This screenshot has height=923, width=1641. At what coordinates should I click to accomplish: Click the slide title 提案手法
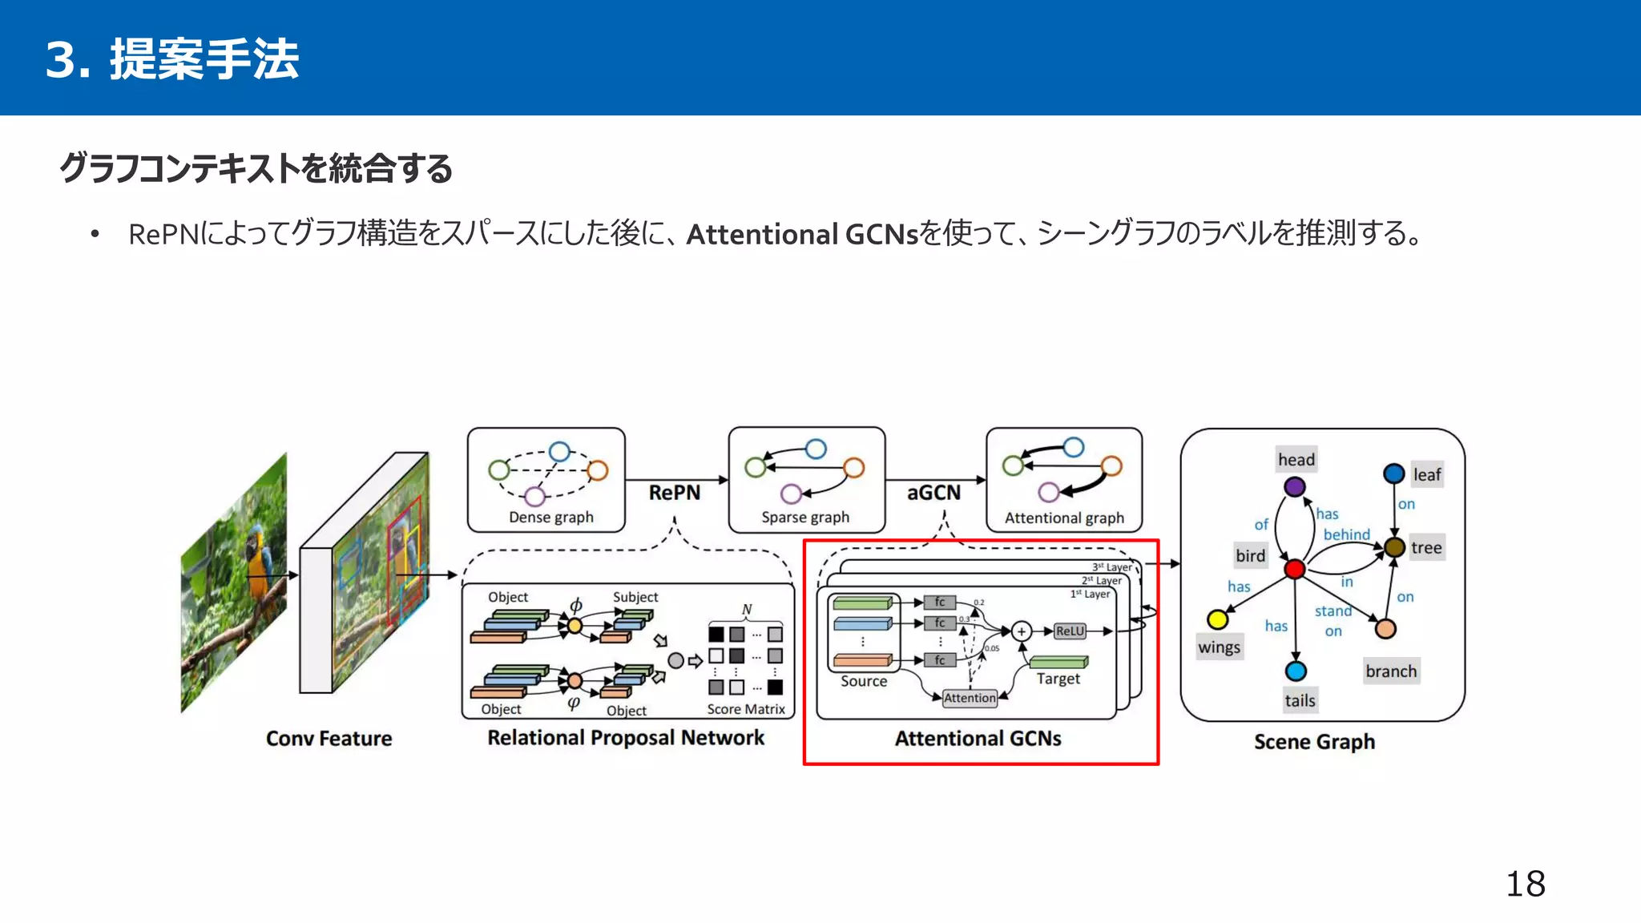pos(204,59)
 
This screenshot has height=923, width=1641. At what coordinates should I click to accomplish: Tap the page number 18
pos(1525,885)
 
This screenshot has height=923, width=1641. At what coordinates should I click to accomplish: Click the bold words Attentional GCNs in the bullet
pos(801,234)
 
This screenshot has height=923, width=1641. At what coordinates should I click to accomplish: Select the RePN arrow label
pos(674,492)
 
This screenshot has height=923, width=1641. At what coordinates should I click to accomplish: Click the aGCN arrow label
pos(933,492)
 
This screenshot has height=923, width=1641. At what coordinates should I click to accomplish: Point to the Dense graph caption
pos(551,518)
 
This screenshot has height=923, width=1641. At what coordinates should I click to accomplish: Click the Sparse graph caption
pos(805,518)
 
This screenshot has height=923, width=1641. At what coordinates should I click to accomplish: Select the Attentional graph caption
pos(1064,518)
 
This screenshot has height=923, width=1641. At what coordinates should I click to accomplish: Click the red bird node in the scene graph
pos(1295,569)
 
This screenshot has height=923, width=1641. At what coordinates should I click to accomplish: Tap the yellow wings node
pos(1218,619)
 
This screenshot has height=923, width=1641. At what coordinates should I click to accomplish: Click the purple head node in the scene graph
pos(1294,486)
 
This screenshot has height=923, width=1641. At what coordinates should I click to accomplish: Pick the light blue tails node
pos(1296,671)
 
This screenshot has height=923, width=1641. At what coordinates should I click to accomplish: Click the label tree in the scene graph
pos(1426,548)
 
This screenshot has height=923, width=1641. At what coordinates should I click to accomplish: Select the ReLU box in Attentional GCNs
pos(1070,631)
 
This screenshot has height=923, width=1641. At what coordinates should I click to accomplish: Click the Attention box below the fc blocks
pos(970,698)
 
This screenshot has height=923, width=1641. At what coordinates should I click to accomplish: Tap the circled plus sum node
pos(1021,631)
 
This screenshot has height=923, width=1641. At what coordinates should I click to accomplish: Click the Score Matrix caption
pos(746,709)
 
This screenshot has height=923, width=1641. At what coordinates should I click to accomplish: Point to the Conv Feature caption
pos(329,739)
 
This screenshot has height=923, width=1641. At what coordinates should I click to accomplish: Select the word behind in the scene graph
pos(1346,534)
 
